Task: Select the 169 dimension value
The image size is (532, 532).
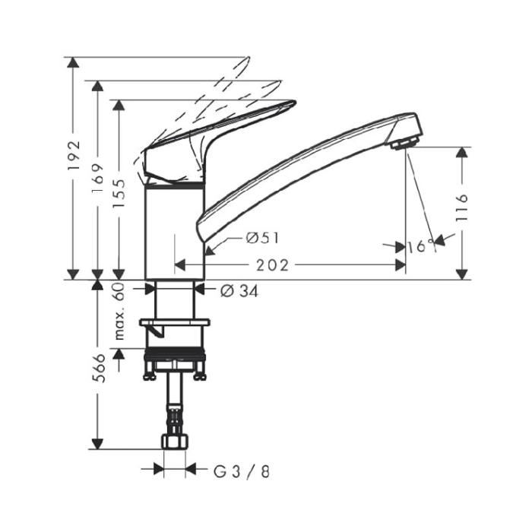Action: coord(97,179)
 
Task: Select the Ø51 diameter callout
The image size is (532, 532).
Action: coord(262,238)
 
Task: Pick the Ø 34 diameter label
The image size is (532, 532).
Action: coord(239,290)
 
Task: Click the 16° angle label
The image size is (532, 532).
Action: coord(420,246)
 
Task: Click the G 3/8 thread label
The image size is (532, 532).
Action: coord(240,471)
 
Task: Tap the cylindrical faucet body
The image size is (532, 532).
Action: coord(174,232)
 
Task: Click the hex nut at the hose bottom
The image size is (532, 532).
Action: coord(174,442)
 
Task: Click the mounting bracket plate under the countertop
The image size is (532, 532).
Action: coord(174,325)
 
